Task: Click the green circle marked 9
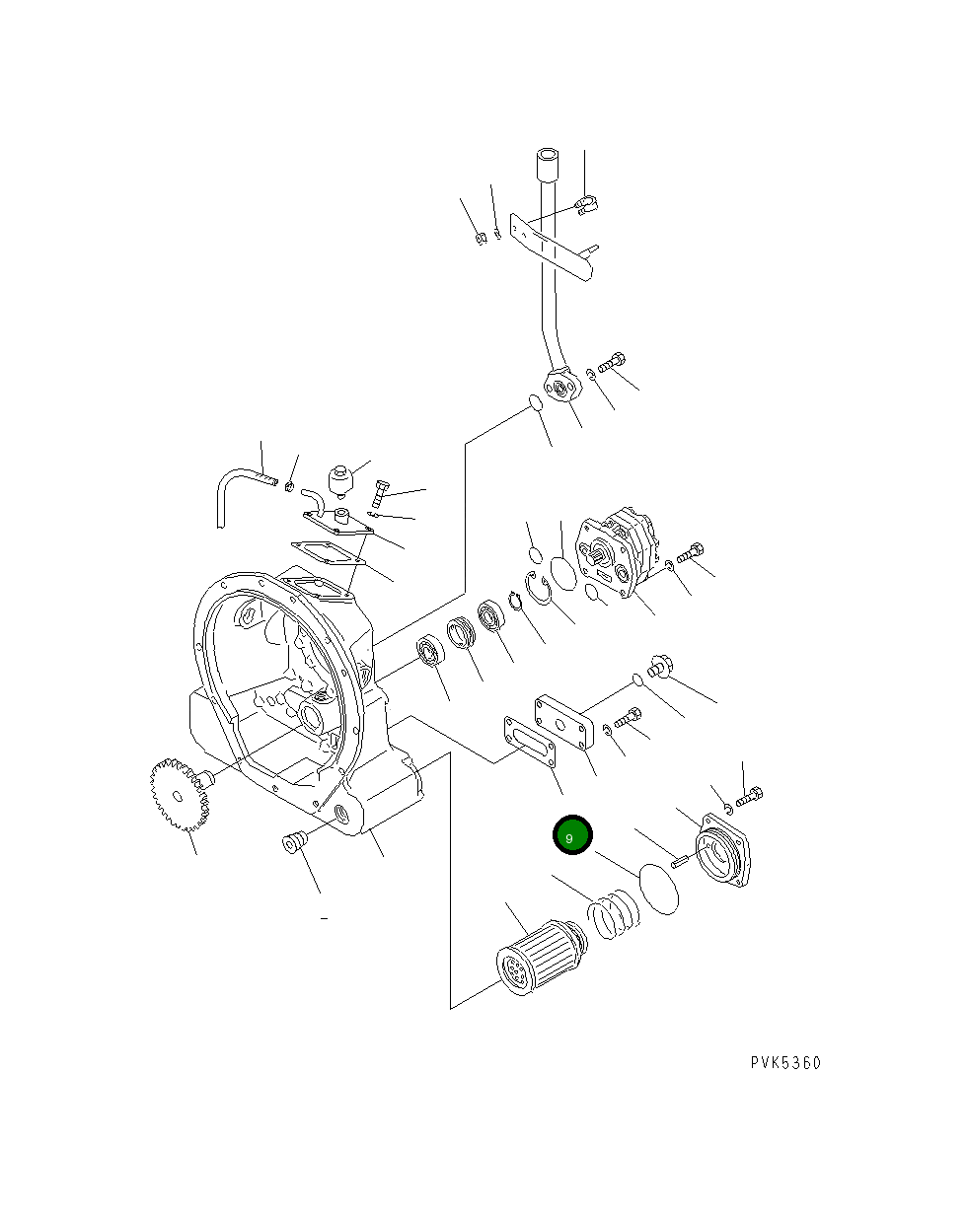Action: [571, 836]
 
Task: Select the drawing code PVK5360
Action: [784, 1062]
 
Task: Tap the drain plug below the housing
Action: [293, 844]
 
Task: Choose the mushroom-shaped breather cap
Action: [341, 480]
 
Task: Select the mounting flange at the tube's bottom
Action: [563, 386]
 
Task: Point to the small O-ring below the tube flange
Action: [534, 402]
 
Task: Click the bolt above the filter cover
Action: [750, 795]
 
